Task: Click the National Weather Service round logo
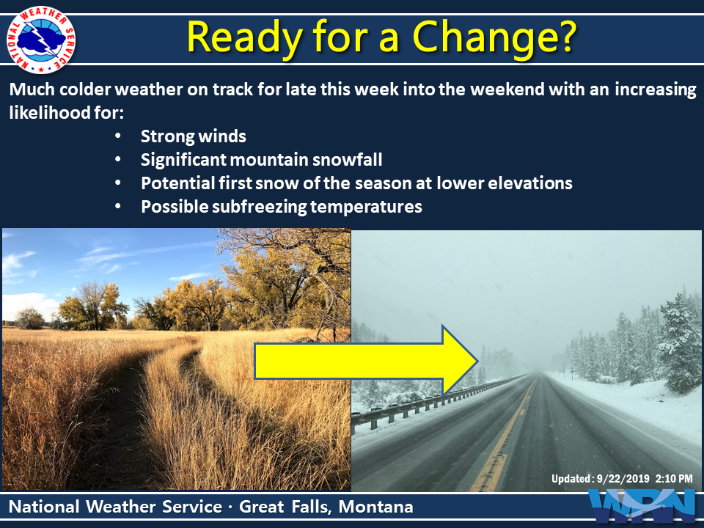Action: (41, 40)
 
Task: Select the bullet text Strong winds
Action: (194, 136)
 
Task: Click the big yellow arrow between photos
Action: (366, 361)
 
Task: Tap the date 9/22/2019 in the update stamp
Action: (623, 479)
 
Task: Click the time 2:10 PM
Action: (674, 479)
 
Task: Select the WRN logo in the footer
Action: (643, 507)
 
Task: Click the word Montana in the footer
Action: (375, 507)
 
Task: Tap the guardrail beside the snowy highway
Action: (431, 402)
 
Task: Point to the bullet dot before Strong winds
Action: (118, 136)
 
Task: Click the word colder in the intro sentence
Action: (85, 89)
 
